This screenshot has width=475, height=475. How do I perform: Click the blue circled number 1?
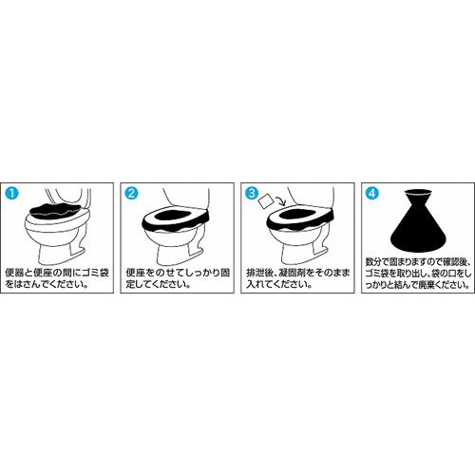pos(11,193)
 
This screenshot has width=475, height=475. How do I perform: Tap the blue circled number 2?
pos(131,193)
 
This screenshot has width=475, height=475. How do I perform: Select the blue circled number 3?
pos(252,193)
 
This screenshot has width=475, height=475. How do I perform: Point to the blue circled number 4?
pos(372,193)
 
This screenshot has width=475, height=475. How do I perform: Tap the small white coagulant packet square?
pos(266,200)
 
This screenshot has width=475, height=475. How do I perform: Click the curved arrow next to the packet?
pos(281,200)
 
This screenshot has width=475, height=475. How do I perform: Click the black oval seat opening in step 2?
pos(174,216)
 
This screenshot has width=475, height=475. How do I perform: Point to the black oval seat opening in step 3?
pos(295,216)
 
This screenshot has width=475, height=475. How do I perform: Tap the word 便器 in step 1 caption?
pos(16,273)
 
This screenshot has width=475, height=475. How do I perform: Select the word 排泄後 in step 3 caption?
pos(260,273)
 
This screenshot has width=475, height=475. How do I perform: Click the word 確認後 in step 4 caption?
pos(454,262)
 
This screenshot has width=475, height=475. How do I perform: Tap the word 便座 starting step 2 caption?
pos(136,273)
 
